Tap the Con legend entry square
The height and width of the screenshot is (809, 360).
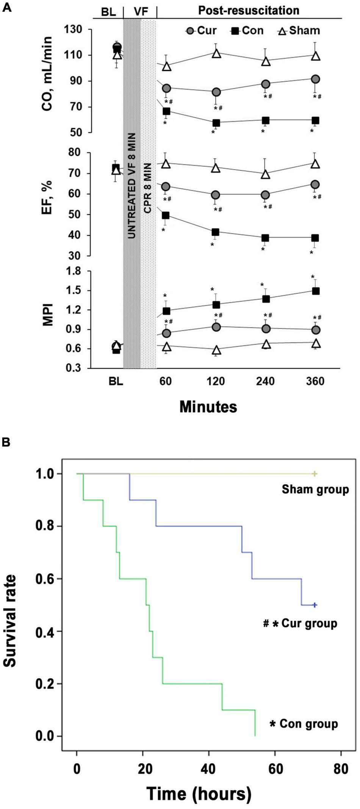point(235,31)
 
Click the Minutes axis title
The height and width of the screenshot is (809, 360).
point(208,407)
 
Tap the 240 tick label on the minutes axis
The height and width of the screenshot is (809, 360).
point(265,381)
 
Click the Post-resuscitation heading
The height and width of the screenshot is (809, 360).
point(249,10)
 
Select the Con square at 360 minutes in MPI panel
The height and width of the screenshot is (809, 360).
point(315,291)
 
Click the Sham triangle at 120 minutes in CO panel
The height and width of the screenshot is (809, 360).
point(216,53)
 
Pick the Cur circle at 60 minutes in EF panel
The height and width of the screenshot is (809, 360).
point(166,187)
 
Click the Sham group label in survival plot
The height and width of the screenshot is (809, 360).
point(315,489)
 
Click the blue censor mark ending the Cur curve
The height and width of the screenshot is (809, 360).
point(315,605)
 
